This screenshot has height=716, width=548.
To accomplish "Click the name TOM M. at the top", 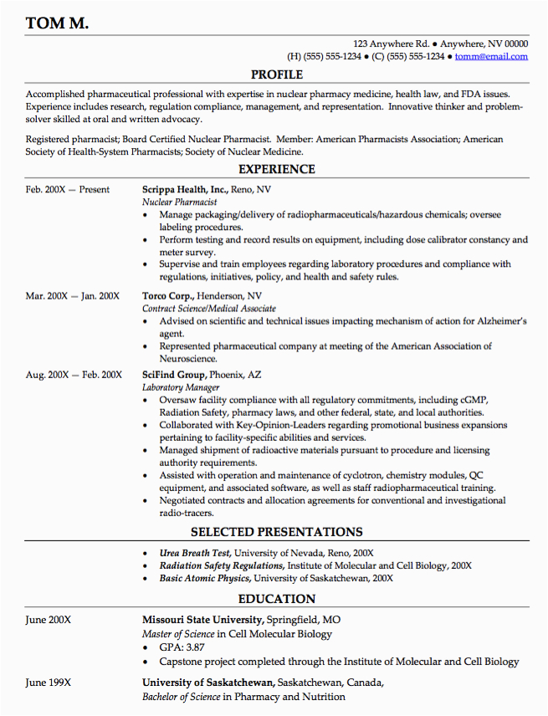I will click(57, 23).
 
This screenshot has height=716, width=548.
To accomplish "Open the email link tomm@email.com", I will click(493, 56).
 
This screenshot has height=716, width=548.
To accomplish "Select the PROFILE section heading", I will click(277, 75).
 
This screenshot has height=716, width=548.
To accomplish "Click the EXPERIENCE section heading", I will click(277, 169).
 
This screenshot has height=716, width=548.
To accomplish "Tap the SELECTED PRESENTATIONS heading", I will click(277, 532).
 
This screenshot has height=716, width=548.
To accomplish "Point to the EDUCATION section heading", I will click(277, 599).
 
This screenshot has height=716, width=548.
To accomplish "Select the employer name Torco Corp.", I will click(168, 296).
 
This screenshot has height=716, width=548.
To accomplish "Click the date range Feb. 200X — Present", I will click(68, 190).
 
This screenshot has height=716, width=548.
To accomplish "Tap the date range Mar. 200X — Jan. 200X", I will click(73, 296).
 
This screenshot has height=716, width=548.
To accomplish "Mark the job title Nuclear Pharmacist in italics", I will click(180, 202).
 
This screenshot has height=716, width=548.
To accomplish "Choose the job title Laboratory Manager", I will click(181, 387).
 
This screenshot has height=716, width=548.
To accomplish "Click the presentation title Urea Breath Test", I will click(194, 553).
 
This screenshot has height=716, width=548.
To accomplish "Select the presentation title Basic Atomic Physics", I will click(204, 578).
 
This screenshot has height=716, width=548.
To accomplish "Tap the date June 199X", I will click(49, 683).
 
